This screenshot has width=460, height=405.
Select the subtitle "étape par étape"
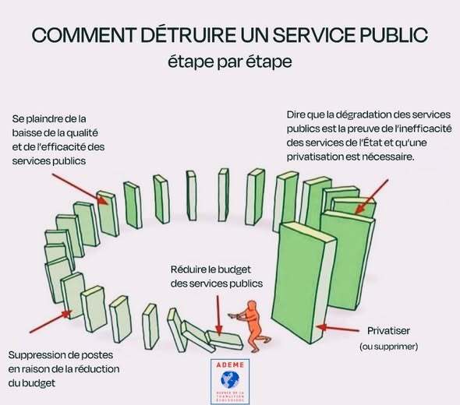[x=230, y=62]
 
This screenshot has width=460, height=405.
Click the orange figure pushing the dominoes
[x=250, y=326]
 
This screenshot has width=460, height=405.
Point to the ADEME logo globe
[x=230, y=379]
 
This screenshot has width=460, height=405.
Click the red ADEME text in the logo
[x=230, y=364]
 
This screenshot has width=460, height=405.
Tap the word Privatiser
[x=389, y=331]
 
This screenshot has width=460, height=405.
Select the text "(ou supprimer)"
[x=389, y=347]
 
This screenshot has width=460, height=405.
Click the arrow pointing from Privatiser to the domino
[x=338, y=328]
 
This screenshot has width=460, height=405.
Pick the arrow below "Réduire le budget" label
[x=218, y=315]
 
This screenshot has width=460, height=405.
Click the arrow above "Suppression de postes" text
[x=51, y=322]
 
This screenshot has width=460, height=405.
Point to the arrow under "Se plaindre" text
[x=80, y=189]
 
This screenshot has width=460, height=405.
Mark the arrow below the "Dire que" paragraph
[x=371, y=196]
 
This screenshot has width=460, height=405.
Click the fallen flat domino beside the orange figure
[x=225, y=340]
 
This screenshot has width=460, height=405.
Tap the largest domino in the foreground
[x=303, y=282]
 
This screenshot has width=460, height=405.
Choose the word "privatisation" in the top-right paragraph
[x=315, y=157]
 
